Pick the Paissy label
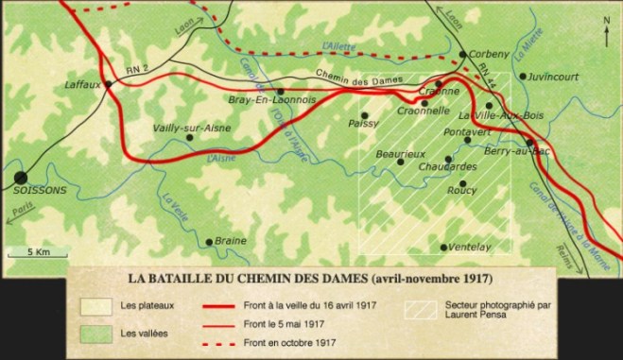363,122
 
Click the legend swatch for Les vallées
95,334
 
